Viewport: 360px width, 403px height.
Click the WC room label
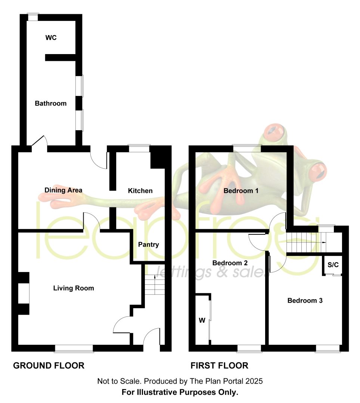pyautogui.click(x=51, y=38)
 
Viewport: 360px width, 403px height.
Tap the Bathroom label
pyautogui.click(x=51, y=103)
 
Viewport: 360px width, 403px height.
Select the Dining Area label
pyautogui.click(x=63, y=190)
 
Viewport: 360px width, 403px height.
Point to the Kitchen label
pyautogui.click(x=140, y=191)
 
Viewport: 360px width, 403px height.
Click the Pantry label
pyautogui.click(x=148, y=244)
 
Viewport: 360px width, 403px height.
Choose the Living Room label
pyautogui.click(x=74, y=288)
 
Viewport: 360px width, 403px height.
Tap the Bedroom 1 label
pyautogui.click(x=241, y=191)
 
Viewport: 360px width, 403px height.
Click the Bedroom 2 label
pyautogui.click(x=230, y=263)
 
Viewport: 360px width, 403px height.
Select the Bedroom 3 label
pyautogui.click(x=305, y=300)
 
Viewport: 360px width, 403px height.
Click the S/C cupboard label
pyautogui.click(x=333, y=265)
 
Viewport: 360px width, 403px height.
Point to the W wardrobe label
pyautogui.click(x=202, y=320)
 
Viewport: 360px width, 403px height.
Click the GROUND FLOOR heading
pyautogui.click(x=49, y=365)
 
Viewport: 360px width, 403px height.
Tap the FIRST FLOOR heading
pyautogui.click(x=219, y=365)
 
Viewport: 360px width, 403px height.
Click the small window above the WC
pyautogui.click(x=33, y=17)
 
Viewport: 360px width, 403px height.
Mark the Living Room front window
pyautogui.click(x=74, y=348)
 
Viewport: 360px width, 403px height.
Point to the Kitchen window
pyautogui.click(x=139, y=149)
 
